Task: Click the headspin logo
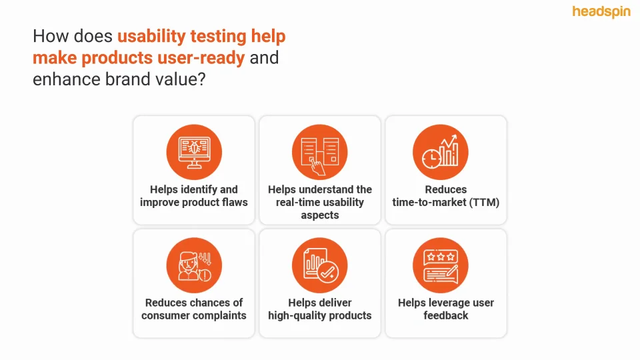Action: coord(601,12)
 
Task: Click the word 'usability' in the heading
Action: coord(151,36)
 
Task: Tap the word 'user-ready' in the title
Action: coord(201,58)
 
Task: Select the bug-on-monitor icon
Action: coord(194,152)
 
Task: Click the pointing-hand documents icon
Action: coord(319,152)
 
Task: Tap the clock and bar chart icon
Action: coord(441,152)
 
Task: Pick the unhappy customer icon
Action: coord(194,265)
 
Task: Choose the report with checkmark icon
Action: coord(319,265)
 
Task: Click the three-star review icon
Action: coord(441,265)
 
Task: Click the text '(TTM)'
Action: coord(484,203)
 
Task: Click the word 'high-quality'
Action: coord(294,316)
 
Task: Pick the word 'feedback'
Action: coord(446,315)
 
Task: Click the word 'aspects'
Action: coord(320,215)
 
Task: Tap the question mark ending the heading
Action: coord(201,79)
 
